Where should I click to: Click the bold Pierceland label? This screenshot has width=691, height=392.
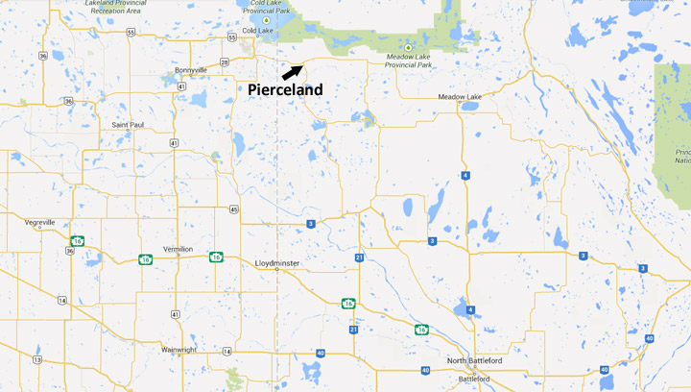[285, 89]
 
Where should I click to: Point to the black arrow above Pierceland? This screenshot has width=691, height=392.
[293, 72]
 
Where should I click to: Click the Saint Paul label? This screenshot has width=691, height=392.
[128, 125]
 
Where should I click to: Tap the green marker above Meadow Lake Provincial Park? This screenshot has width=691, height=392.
[409, 47]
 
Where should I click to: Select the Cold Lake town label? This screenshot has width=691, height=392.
[258, 31]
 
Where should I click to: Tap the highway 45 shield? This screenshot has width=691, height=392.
[234, 208]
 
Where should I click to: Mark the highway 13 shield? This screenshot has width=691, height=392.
[36, 360]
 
